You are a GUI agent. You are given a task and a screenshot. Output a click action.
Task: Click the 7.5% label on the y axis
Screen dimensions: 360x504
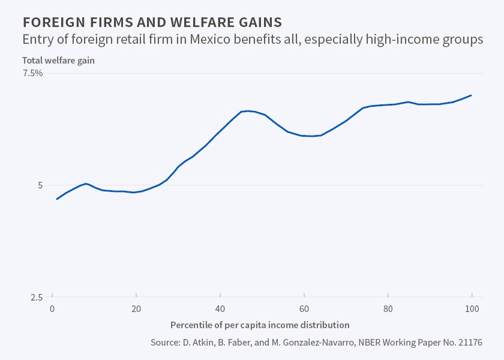tap(32, 73)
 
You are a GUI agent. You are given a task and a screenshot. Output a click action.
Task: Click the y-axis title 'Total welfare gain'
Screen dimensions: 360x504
tap(58, 60)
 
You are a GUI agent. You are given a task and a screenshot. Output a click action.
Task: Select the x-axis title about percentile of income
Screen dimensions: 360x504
tap(260, 325)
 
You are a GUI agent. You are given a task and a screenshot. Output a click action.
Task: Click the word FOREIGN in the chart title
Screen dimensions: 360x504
tap(49, 23)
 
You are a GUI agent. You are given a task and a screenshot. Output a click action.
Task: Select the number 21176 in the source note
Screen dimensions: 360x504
tap(467, 343)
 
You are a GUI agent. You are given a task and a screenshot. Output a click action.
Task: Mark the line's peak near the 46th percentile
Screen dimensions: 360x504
tap(247, 111)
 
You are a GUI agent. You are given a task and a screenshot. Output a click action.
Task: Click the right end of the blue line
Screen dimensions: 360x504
tap(472, 95)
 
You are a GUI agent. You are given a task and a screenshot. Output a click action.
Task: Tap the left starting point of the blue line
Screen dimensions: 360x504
tap(57, 199)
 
